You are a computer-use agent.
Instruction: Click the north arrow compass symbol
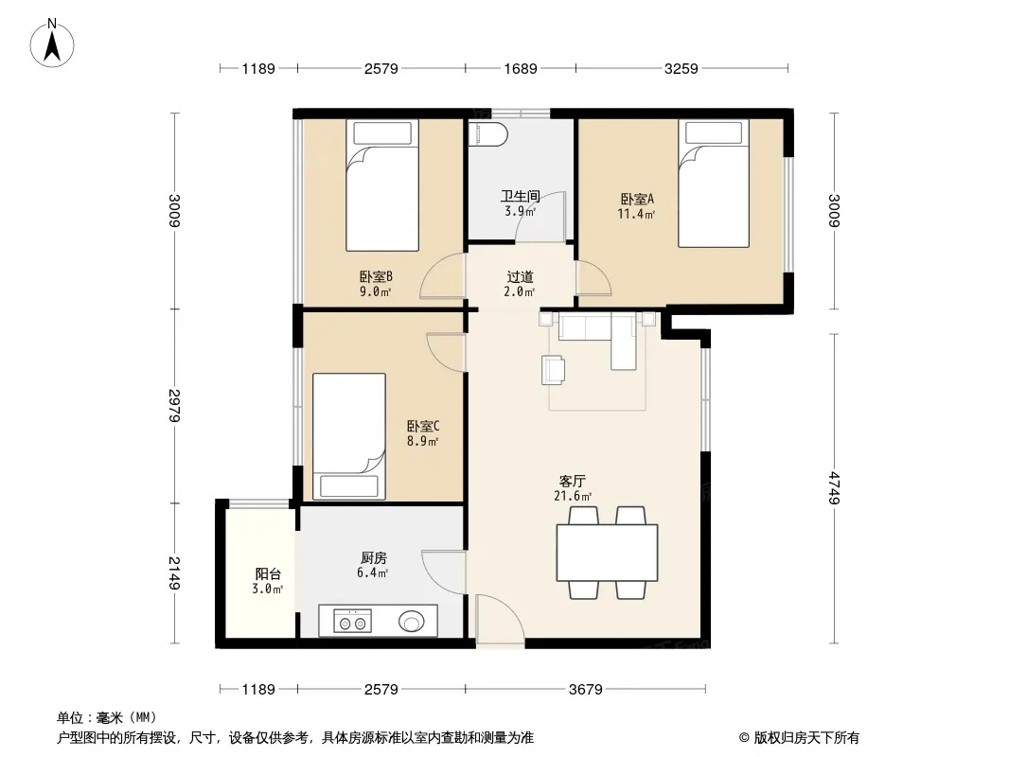(52, 44)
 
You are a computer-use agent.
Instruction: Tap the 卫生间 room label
(521, 196)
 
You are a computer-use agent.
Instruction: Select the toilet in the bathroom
(488, 135)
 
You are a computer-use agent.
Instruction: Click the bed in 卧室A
(714, 184)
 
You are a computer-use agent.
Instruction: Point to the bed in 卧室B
(382, 185)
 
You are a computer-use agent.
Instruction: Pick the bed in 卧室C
(348, 436)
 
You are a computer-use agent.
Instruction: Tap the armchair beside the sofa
(554, 370)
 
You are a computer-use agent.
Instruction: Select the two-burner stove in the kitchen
(353, 622)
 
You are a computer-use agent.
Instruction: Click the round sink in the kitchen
(412, 622)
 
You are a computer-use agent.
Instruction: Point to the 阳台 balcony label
(268, 573)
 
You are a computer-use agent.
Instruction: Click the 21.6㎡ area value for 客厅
(572, 496)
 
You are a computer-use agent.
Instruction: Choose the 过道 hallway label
(520, 277)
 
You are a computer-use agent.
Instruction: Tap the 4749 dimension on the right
(834, 488)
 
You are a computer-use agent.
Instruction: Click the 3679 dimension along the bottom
(586, 690)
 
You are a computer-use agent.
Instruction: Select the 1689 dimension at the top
(520, 68)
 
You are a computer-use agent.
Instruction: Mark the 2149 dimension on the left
(174, 573)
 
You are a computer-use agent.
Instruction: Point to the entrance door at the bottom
(500, 619)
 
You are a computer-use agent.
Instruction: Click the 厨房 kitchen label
(374, 557)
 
